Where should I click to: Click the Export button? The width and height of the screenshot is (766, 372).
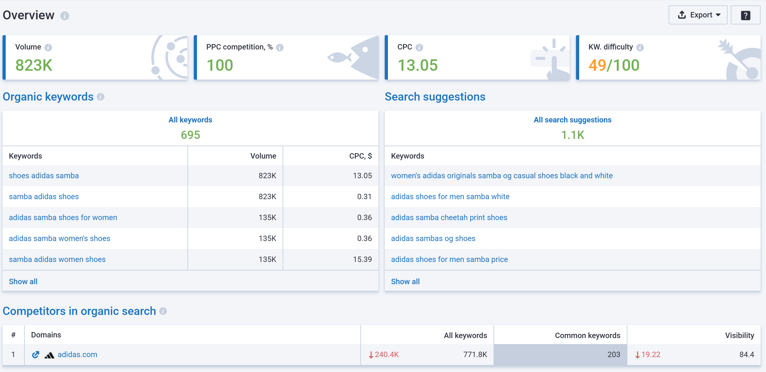click(697, 15)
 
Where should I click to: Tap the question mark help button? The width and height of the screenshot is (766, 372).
click(745, 15)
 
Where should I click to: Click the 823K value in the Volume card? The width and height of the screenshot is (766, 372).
click(34, 65)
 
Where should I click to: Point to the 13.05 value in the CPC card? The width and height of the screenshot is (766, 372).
click(417, 65)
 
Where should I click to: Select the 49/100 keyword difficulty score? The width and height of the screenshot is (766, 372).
click(614, 65)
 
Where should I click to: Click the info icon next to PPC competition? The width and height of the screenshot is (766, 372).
click(279, 48)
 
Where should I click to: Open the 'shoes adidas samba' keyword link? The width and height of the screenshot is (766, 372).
click(44, 176)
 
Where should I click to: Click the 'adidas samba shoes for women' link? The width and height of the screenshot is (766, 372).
click(63, 218)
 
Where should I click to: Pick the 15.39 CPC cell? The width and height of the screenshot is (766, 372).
click(362, 259)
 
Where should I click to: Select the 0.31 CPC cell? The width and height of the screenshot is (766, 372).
click(364, 197)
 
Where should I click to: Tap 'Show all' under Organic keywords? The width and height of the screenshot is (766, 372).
click(23, 282)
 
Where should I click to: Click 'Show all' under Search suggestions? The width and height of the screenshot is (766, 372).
click(405, 282)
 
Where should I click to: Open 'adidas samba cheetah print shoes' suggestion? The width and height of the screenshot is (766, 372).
click(449, 218)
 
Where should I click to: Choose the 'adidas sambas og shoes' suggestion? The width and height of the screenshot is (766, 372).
click(433, 238)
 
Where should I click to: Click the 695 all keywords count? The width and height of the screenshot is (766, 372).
click(190, 135)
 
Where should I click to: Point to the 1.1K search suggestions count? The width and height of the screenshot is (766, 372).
click(573, 135)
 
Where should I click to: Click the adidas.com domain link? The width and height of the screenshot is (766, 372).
click(77, 355)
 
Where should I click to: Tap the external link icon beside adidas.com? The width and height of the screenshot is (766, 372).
click(36, 355)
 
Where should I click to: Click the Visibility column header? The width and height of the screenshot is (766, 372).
click(739, 336)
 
